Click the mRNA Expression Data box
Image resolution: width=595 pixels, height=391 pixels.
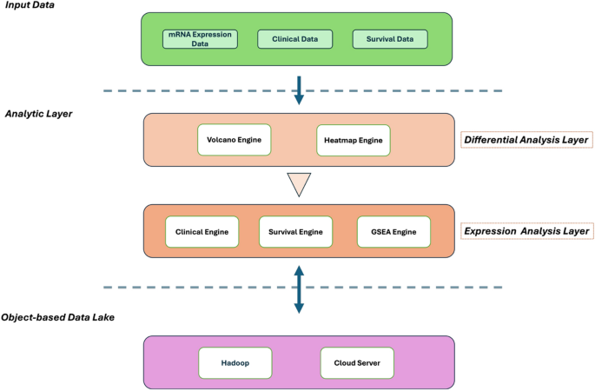tap(201, 39)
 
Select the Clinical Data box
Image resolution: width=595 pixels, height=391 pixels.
tap(295, 39)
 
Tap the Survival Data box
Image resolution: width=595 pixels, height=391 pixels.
tap(390, 39)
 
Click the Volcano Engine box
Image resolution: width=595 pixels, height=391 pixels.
tap(235, 140)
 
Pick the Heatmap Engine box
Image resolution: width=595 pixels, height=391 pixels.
tap(353, 140)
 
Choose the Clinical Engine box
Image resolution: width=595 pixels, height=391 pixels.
tap(202, 232)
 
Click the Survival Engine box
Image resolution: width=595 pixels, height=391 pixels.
tap(296, 232)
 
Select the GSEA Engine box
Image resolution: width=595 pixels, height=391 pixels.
tap(393, 232)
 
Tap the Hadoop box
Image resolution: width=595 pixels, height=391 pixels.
tap(235, 362)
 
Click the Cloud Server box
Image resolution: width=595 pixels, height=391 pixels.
tap(357, 362)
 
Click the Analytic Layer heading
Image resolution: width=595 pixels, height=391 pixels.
tap(38, 114)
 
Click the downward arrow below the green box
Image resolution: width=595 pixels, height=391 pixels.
tap(299, 89)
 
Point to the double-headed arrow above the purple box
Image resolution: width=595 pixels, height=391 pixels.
tap(298, 288)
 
